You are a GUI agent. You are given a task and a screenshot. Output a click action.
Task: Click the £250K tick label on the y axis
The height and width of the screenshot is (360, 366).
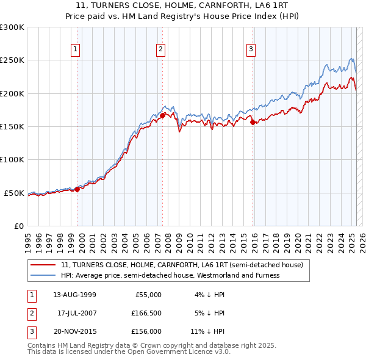coord(12,60)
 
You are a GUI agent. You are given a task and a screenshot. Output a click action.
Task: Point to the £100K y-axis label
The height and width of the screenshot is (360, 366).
coord(12,160)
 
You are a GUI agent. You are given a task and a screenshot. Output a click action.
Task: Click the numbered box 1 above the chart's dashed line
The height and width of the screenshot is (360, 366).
coord(75,49)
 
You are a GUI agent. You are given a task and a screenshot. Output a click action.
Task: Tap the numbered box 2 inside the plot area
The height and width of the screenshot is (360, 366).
coord(160,49)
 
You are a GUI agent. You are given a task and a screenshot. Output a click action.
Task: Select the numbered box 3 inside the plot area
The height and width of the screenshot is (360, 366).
coord(251,49)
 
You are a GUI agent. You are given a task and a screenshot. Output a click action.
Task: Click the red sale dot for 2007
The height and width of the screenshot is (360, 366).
coord(162,115)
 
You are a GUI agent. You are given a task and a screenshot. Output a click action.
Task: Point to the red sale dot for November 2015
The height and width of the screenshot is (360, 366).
coord(253,122)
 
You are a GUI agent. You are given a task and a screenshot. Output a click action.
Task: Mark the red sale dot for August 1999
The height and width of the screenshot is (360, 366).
coord(77,189)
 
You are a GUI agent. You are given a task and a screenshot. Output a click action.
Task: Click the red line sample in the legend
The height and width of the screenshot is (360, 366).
coord(43,265)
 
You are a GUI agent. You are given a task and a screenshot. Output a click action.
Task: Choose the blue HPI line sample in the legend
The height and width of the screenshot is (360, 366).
coord(43,275)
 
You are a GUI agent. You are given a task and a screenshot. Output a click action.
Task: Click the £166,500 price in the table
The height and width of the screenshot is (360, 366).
coord(145,313)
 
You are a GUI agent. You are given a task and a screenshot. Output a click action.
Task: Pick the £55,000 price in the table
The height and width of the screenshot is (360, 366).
coord(147,295)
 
